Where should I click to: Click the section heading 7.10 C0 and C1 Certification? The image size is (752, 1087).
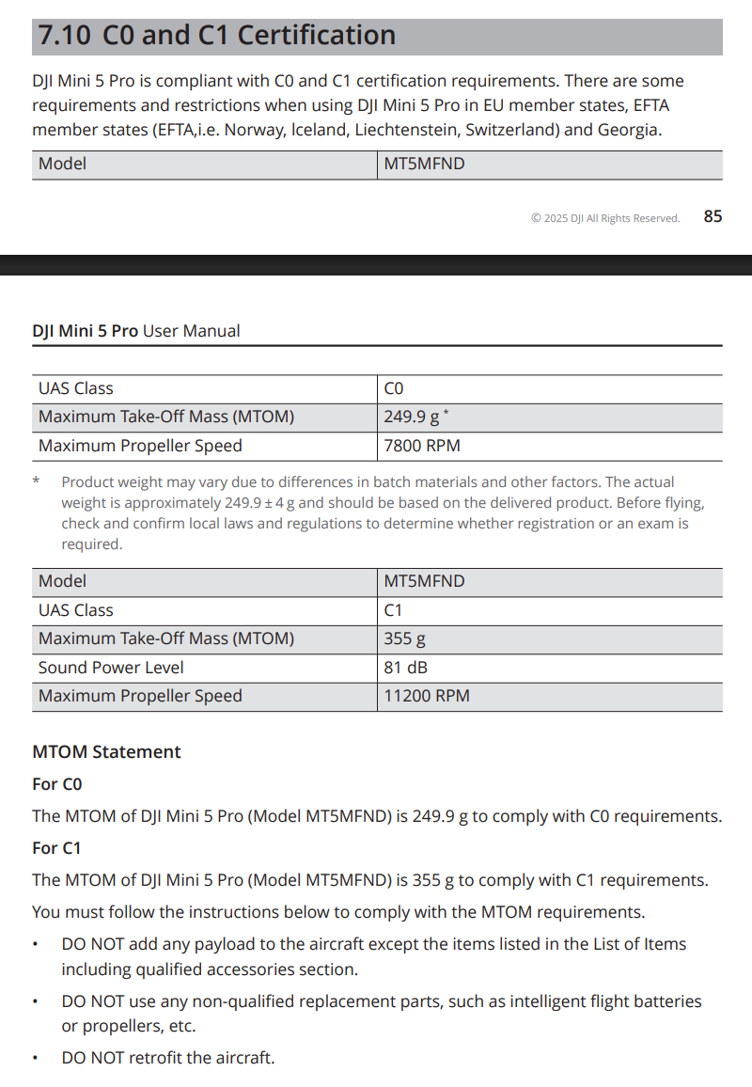coord(216,36)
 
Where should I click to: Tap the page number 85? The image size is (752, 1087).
coord(713,216)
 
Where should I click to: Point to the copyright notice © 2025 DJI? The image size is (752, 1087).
coord(604,218)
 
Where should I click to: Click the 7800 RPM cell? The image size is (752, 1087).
coord(422,446)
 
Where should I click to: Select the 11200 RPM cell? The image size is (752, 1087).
coord(427,696)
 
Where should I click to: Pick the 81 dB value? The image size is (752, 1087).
coord(405,668)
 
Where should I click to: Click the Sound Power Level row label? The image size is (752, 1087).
coord(111,668)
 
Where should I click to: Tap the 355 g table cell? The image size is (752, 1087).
coord(404,638)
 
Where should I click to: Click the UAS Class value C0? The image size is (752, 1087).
coord(394,388)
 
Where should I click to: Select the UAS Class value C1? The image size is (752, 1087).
coord(393,610)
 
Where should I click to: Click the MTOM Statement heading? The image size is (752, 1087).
coord(106,752)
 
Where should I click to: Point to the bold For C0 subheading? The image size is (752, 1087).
coord(57,784)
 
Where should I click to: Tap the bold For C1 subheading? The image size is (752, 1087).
coord(56,848)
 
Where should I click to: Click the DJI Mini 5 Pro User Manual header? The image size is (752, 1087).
coord(136,331)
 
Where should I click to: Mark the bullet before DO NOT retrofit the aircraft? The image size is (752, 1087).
coord(36,1059)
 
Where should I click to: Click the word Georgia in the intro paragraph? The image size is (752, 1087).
coord(629,130)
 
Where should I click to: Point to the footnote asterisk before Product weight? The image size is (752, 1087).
coord(36,481)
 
